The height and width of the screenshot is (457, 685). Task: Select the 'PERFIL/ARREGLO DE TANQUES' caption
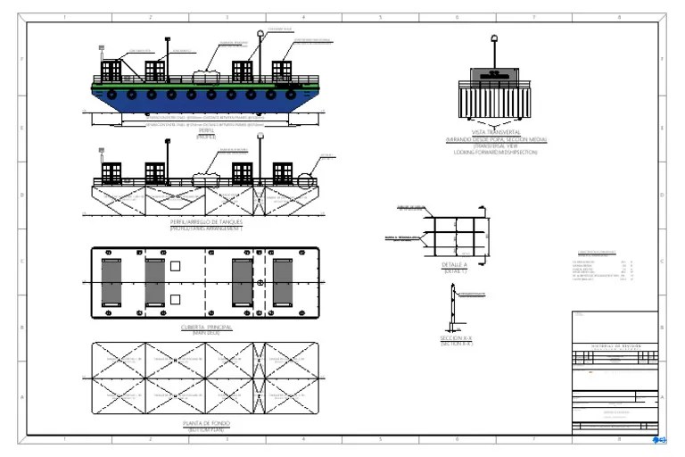click(206, 222)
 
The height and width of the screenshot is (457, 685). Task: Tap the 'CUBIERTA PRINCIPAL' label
click(206, 328)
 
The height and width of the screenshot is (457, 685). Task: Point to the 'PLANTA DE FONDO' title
click(206, 423)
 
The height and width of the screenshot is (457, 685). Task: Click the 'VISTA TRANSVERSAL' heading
click(496, 134)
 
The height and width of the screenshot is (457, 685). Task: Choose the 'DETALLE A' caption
click(453, 265)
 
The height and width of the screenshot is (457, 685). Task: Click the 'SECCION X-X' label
click(455, 338)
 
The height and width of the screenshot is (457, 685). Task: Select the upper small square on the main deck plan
click(176, 266)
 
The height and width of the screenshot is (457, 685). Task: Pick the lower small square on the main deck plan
click(176, 299)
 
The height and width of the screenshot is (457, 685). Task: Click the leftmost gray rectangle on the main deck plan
click(111, 282)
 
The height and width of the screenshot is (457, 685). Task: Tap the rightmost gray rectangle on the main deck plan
click(284, 282)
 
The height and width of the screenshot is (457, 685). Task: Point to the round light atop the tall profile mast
click(260, 35)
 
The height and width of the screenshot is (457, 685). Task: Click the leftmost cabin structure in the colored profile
click(111, 71)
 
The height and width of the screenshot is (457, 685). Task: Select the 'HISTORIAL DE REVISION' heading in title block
click(615, 345)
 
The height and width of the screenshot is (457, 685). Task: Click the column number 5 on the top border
click(381, 17)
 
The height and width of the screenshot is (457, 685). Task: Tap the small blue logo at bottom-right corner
click(661, 439)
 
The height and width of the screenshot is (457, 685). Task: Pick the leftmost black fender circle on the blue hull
click(111, 93)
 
